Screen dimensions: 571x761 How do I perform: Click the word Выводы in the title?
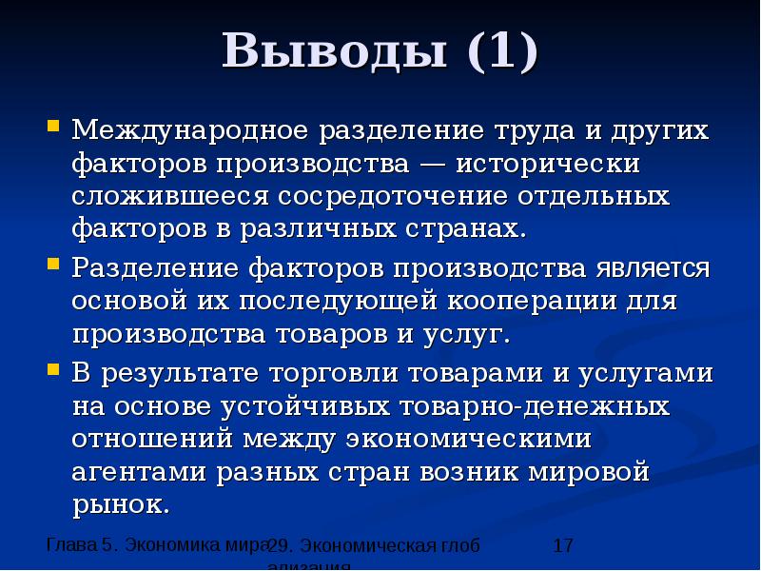[335, 51]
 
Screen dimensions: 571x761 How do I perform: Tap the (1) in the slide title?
[501, 51]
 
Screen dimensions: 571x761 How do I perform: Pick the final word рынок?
[121, 505]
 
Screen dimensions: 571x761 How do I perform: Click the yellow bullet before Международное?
[53, 125]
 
